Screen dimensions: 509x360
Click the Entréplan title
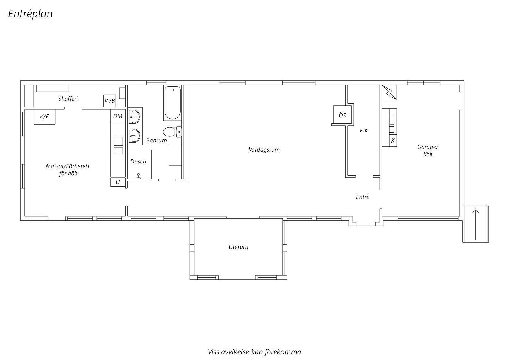point(30,14)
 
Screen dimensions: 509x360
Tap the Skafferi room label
point(68,99)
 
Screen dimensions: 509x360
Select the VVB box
point(110,101)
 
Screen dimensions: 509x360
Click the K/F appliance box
point(44,117)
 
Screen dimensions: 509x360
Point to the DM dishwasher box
point(118,116)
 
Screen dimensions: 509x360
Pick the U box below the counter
point(118,182)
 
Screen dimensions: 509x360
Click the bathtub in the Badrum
point(172,103)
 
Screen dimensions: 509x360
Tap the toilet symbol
point(172,132)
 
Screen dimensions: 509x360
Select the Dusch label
point(138,161)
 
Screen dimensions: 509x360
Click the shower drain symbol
point(139,176)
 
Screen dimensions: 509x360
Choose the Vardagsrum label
point(264,150)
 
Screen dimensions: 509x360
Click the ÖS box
point(342,115)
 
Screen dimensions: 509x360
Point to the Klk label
point(364,130)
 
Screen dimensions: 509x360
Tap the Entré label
point(363,197)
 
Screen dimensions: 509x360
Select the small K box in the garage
point(393,141)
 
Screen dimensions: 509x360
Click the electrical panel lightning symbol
point(389,92)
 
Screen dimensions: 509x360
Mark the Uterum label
point(238,247)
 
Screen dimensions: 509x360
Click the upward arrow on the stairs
point(476,224)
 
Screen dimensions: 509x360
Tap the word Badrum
point(156,141)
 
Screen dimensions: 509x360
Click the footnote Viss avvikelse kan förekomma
point(255,352)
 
